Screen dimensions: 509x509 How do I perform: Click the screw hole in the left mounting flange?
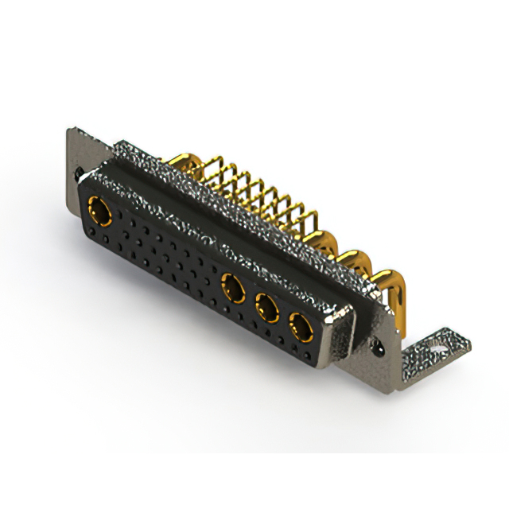(x=77, y=170)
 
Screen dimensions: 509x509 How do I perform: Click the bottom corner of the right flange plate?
(x=393, y=380)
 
